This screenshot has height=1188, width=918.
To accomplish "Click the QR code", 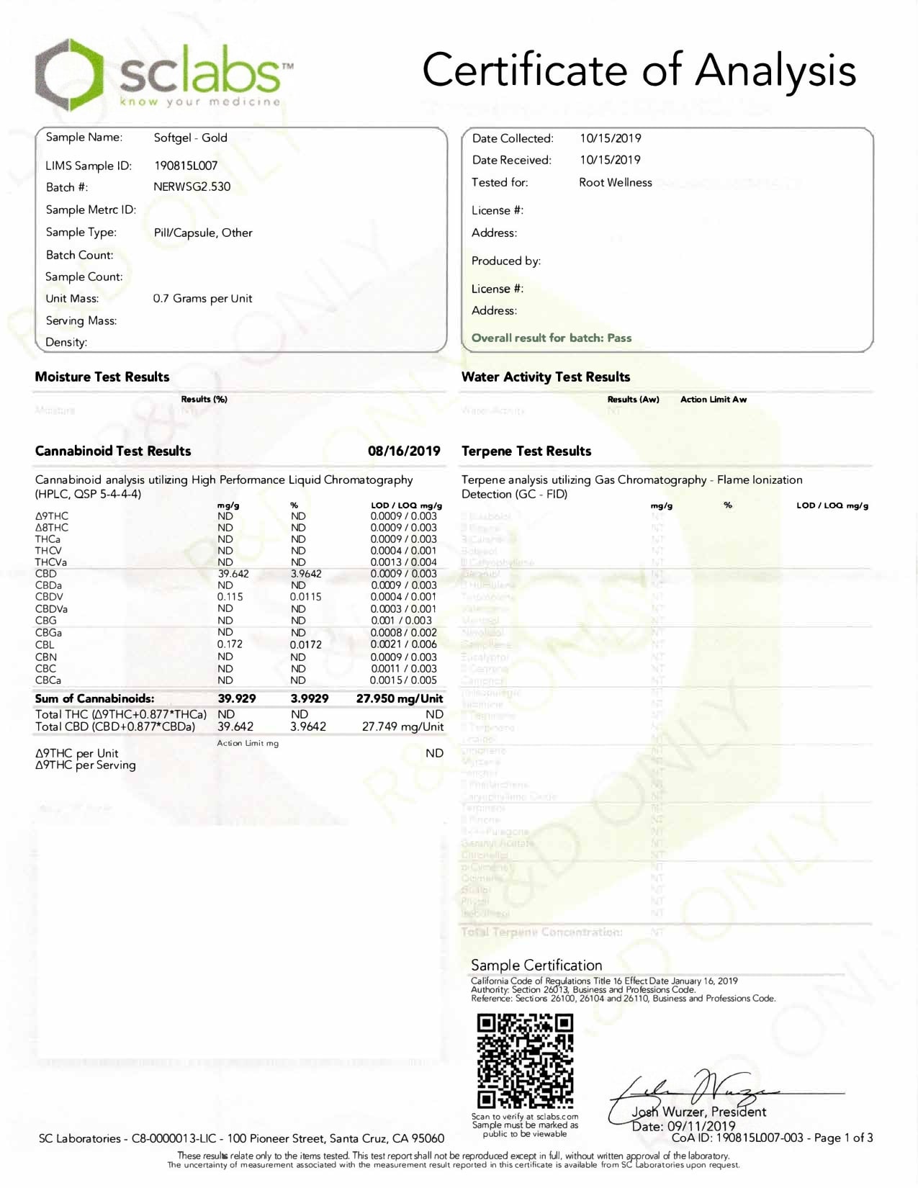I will (525, 1060).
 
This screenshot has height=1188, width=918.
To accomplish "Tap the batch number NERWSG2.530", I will (192, 186).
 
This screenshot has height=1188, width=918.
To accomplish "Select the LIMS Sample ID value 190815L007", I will (186, 166).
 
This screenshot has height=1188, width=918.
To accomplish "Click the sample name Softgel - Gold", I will (190, 138).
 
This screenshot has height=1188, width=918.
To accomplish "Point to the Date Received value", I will (610, 160).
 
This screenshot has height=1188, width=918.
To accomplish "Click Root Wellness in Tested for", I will (616, 182).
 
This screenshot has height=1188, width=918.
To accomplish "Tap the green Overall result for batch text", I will (552, 338).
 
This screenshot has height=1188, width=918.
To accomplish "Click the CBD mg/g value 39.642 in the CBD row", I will (233, 574).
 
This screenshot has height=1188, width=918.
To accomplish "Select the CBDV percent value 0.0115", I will (305, 597).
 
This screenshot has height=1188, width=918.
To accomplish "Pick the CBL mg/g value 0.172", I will (230, 644).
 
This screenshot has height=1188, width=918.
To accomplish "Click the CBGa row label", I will (48, 632).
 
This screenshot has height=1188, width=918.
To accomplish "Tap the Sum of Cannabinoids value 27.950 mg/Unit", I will (400, 698).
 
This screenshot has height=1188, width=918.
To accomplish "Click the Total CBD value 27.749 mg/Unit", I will (402, 726).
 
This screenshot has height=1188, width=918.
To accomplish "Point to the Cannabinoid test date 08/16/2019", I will (404, 451).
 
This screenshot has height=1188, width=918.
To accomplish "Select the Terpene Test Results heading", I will (526, 451).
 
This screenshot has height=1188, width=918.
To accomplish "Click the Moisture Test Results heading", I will (102, 377).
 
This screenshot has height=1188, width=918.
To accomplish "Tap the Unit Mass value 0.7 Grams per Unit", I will (202, 298).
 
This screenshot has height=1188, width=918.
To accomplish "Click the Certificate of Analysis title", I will (639, 71).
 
